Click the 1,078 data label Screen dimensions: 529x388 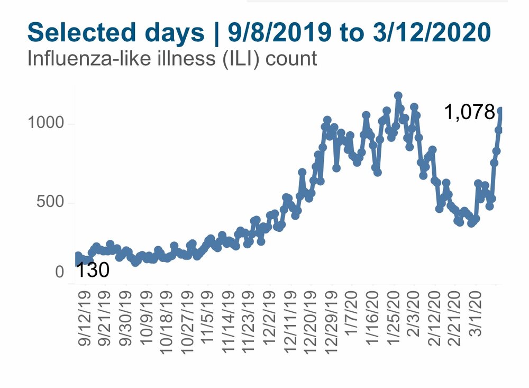pyautogui.click(x=470, y=112)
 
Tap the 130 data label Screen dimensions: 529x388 pyautogui.click(x=93, y=270)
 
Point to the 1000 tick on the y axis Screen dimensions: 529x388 pyautogui.click(x=45, y=122)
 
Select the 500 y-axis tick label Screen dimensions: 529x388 pyautogui.click(x=50, y=202)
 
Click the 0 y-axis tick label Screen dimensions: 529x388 pyautogui.click(x=60, y=272)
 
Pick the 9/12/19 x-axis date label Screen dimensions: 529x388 pyautogui.click(x=84, y=319)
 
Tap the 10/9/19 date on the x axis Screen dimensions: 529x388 pyautogui.click(x=147, y=319)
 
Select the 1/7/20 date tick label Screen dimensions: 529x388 pyautogui.click(x=352, y=313)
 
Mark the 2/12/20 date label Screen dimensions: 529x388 pyautogui.click(x=434, y=319)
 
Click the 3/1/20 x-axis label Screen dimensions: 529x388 pyautogui.click(x=476, y=313)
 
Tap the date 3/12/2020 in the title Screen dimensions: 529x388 pyautogui.click(x=432, y=33)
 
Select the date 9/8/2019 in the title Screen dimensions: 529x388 pyautogui.click(x=280, y=33)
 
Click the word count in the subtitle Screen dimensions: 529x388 pyautogui.click(x=291, y=59)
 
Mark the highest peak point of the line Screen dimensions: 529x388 pyautogui.click(x=398, y=96)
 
